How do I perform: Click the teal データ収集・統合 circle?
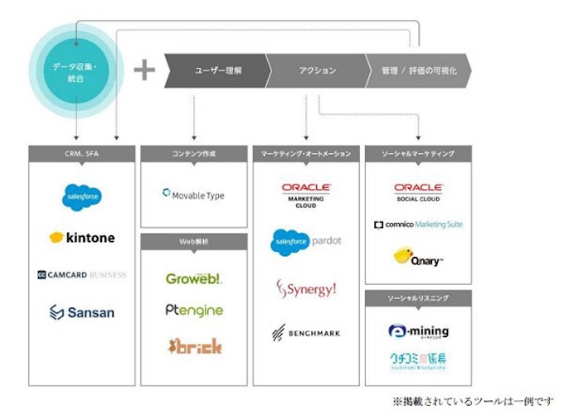click(x=75, y=71)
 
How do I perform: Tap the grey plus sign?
click(x=144, y=70)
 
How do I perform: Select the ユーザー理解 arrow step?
click(x=218, y=71)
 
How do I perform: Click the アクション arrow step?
click(x=318, y=71)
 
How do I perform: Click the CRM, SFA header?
click(x=81, y=153)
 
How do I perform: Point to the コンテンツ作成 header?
click(x=193, y=153)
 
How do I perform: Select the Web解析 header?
click(x=193, y=241)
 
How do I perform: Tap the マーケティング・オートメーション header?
click(x=306, y=153)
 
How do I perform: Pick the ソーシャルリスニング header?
click(x=418, y=297)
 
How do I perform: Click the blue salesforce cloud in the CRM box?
click(x=81, y=197)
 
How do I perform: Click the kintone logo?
click(x=81, y=238)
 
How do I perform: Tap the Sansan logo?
click(x=81, y=312)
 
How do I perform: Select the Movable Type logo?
click(x=193, y=196)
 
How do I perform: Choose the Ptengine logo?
click(x=193, y=310)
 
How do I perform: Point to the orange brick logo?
click(x=194, y=345)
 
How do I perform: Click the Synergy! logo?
click(x=306, y=289)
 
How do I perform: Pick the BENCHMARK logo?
click(x=306, y=333)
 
